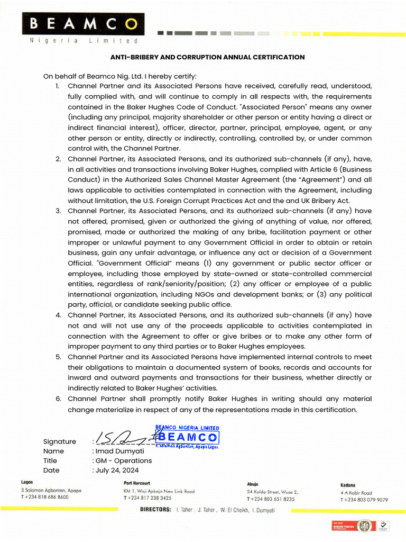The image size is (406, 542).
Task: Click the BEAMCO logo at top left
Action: (81, 23)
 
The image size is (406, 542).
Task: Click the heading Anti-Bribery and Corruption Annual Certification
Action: (207, 57)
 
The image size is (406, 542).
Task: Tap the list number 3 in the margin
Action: (58, 211)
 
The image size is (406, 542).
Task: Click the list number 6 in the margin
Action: (58, 399)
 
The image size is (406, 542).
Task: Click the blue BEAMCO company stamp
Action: (187, 437)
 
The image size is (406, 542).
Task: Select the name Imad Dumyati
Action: (116, 451)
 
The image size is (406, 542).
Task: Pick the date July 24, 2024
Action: (117, 470)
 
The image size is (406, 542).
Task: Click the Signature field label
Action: (59, 441)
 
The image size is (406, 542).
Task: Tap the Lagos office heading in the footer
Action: (27, 482)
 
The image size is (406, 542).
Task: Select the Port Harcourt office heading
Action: (137, 483)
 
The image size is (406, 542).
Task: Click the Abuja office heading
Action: (252, 484)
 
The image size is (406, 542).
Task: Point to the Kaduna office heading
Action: (348, 485)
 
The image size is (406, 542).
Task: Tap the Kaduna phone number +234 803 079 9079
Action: (364, 499)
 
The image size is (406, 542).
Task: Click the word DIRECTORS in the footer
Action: (155, 510)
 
